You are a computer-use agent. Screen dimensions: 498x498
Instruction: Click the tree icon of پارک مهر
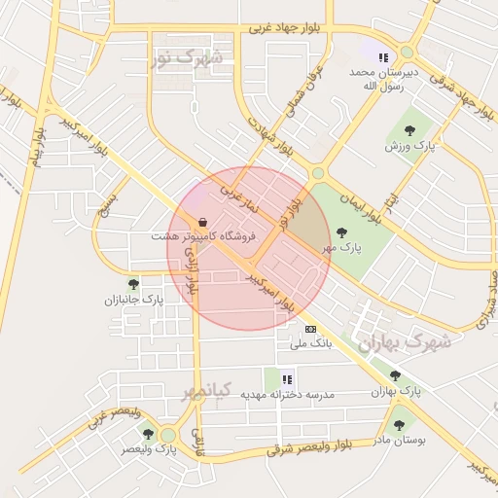coord(340,231)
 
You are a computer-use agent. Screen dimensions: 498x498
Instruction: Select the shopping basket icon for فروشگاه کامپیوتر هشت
coord(202,221)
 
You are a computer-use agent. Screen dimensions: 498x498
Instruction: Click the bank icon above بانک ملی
coord(310,329)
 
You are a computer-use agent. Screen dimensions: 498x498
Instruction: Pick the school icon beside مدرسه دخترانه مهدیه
coord(287,378)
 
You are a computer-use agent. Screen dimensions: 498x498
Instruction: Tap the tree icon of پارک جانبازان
coord(133,284)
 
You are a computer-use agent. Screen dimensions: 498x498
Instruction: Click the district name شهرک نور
coord(187,58)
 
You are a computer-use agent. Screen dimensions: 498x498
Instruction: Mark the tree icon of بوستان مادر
coord(398,424)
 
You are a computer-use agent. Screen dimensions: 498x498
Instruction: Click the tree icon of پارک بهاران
coord(394,375)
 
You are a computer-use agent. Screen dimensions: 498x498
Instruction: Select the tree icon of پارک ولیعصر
coord(149,434)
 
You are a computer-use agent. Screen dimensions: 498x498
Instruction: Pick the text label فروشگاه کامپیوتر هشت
coord(203,236)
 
